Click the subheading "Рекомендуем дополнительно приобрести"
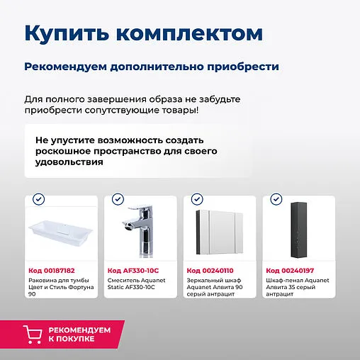tap(152, 67)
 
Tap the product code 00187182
tap(52, 271)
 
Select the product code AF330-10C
tap(133, 271)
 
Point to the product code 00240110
tap(210, 271)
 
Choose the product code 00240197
tap(289, 271)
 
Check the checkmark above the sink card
tap(38, 199)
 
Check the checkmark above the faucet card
tap(118, 199)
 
